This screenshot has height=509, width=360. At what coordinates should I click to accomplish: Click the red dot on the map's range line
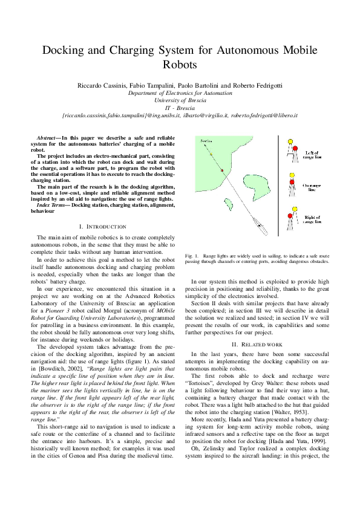point(223,171)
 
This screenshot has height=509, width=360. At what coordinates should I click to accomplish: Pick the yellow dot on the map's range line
point(211,155)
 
